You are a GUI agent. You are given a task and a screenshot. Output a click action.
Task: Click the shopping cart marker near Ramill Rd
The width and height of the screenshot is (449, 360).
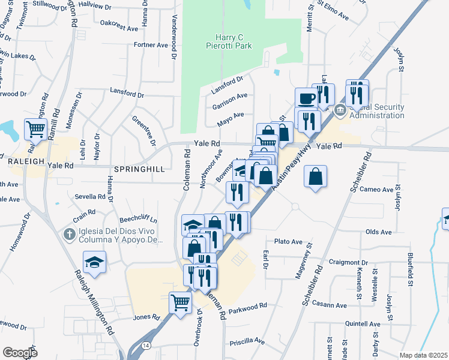[x=35, y=128]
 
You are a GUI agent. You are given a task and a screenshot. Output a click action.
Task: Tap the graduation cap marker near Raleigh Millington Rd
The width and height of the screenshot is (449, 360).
[x=94, y=262]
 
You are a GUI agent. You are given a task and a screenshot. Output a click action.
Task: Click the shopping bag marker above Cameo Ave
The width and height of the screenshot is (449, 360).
[x=315, y=177]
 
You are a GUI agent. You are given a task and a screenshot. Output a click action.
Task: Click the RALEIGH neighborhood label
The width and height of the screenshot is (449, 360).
[x=26, y=161]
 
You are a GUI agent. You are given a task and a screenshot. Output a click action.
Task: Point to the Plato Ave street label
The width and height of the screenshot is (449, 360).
[x=288, y=241]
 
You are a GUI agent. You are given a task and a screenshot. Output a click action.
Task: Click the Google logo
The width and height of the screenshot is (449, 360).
[x=20, y=352]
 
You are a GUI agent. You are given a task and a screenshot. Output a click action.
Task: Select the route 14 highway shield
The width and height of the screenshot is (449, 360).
[x=146, y=345]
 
